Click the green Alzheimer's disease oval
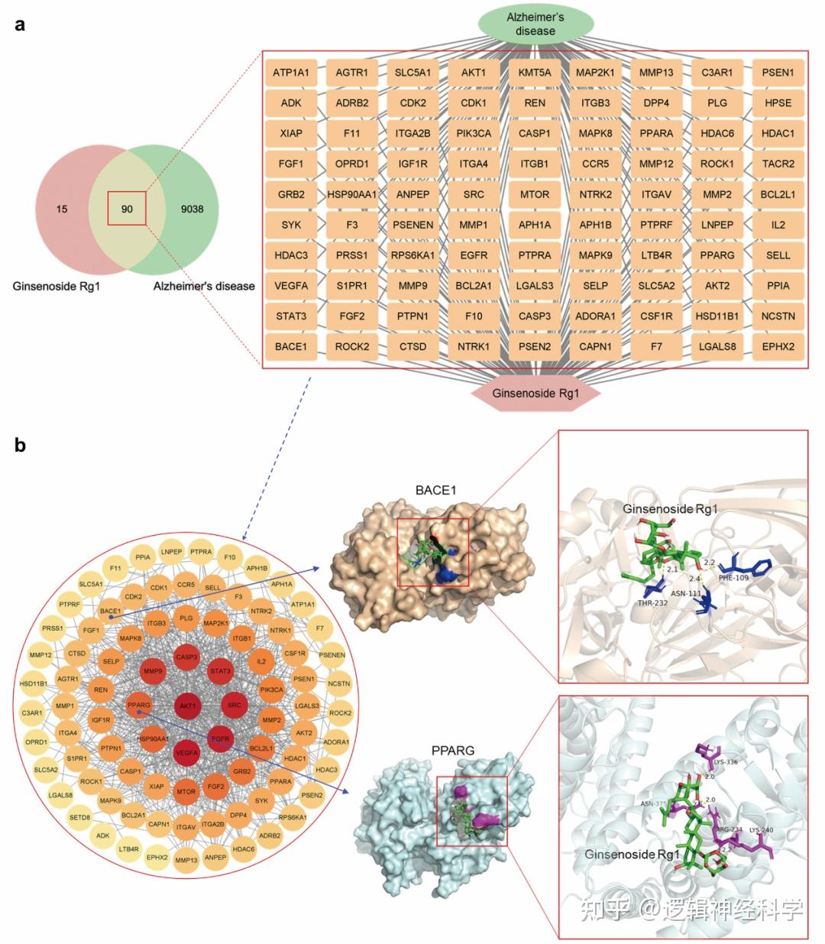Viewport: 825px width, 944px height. (535, 24)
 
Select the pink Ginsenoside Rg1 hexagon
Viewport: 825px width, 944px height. (535, 394)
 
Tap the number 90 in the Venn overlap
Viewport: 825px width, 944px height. (127, 209)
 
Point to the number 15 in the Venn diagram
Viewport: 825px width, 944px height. (62, 209)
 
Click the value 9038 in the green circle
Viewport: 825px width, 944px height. (192, 209)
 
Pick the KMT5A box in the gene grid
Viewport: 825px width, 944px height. (535, 73)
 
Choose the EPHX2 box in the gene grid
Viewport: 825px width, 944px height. (778, 346)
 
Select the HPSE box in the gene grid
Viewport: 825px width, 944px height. (778, 103)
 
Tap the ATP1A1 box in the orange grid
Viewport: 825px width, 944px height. (291, 73)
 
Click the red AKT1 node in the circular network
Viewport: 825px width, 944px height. (186, 706)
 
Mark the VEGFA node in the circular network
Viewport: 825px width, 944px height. (186, 753)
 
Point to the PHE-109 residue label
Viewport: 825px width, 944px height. (733, 578)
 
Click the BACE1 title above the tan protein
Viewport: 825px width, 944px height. (435, 490)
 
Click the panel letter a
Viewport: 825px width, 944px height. (20, 24)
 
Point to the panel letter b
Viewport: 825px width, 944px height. (20, 445)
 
